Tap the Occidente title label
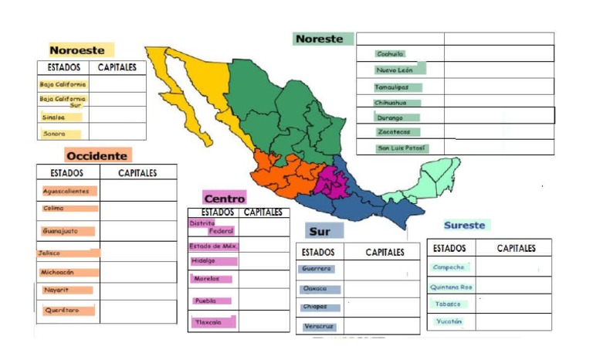coord(97,155)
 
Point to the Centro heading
coord(224,199)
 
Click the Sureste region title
coord(465,226)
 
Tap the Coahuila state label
coord(390,54)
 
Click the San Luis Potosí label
coord(402,148)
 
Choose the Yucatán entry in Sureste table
coord(450,321)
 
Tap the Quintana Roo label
coord(452,287)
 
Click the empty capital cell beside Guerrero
coord(381,270)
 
